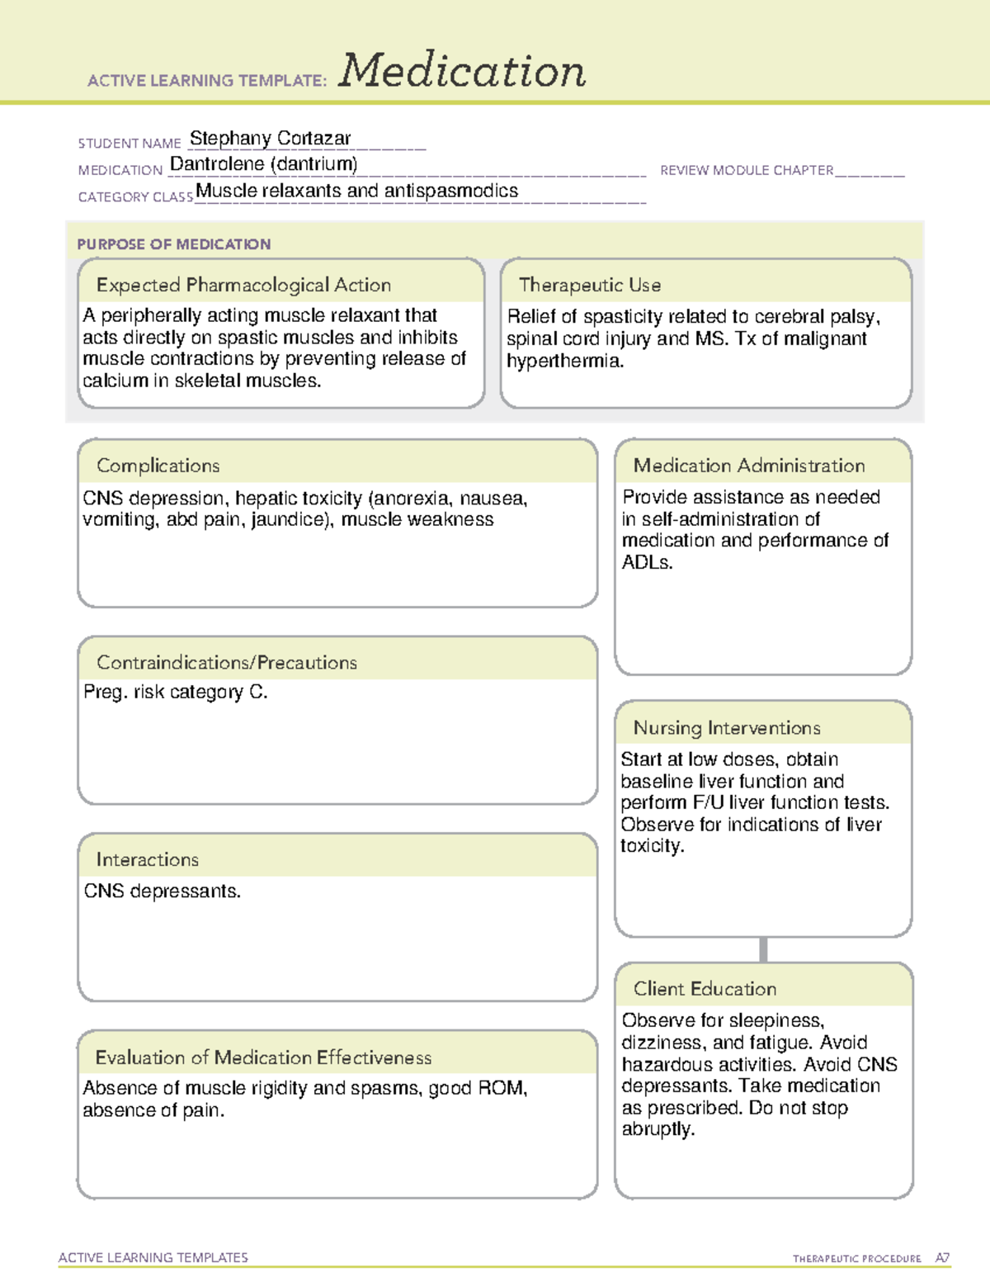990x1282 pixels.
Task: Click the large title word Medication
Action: (x=462, y=71)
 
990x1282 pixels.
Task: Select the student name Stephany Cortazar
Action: (x=270, y=138)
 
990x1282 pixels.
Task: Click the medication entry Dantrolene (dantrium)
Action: (x=263, y=164)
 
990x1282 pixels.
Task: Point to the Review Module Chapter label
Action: (x=747, y=170)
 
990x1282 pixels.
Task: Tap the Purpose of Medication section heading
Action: (x=173, y=244)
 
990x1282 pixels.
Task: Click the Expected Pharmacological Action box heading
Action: (x=243, y=285)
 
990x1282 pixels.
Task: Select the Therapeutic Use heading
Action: (x=589, y=285)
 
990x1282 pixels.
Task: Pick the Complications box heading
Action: (x=158, y=466)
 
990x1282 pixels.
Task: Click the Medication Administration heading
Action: (x=748, y=466)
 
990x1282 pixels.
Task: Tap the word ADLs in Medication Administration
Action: (x=647, y=562)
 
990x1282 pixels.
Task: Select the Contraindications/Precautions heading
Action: (x=226, y=662)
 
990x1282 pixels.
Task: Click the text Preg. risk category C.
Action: (x=175, y=692)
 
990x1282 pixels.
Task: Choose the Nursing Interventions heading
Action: (x=726, y=727)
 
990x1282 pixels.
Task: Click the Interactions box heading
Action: (x=147, y=859)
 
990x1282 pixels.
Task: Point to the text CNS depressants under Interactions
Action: (x=162, y=892)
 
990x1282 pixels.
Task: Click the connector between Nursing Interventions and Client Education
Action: (x=763, y=949)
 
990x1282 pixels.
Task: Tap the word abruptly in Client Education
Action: (x=658, y=1129)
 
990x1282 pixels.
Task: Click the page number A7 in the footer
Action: (x=942, y=1258)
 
